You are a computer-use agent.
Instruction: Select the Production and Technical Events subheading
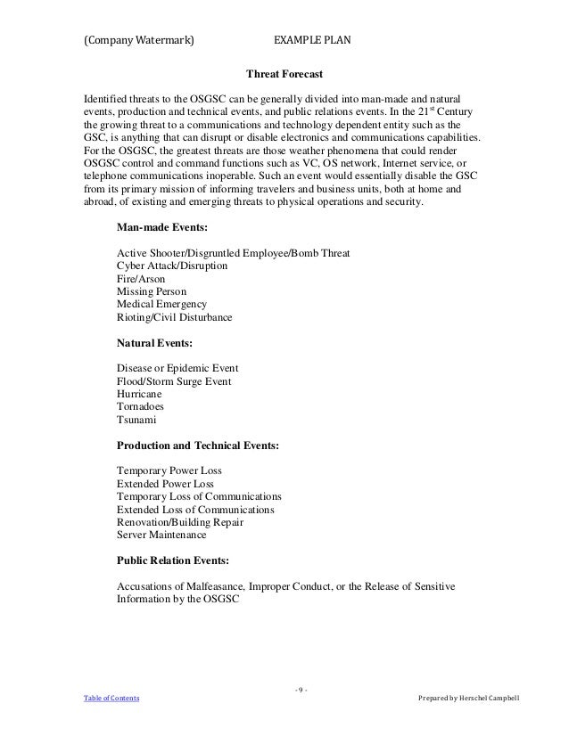[198, 444]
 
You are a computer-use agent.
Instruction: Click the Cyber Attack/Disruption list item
[171, 266]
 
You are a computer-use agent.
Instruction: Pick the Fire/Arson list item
[142, 279]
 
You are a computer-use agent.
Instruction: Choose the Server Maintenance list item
[161, 535]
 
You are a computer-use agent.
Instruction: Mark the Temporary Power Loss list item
[169, 470]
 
